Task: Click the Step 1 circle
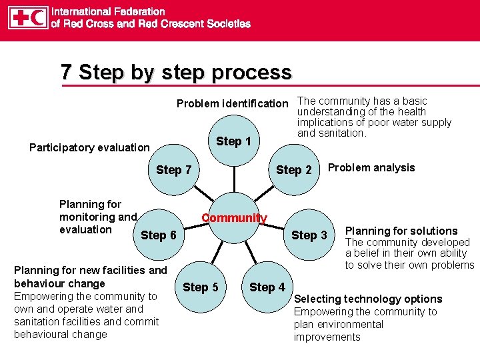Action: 234,141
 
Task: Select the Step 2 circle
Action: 294,170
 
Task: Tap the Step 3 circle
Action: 309,235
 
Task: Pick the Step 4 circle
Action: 267,287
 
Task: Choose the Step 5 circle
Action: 200,287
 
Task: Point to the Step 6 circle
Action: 159,235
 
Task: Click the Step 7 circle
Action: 174,170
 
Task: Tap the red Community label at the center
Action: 234,218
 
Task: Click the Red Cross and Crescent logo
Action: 27,17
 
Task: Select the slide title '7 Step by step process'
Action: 176,72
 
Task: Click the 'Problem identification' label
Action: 232,103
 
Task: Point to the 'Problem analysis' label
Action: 371,167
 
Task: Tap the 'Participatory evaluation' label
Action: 89,147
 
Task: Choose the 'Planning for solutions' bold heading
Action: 401,231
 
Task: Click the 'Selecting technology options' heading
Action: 368,299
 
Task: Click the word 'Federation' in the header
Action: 137,11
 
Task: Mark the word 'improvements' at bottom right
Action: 327,337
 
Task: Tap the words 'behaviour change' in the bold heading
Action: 59,283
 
